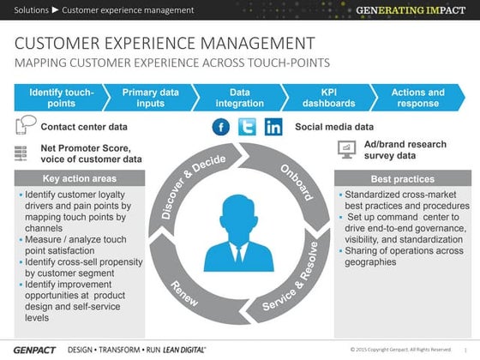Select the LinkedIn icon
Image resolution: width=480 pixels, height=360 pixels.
273,128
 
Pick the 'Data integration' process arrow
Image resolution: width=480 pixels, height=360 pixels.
239,98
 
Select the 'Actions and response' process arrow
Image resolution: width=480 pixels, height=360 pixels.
417,98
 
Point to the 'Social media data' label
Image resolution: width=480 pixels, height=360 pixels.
334,128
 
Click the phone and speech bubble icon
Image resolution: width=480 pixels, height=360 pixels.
25,126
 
